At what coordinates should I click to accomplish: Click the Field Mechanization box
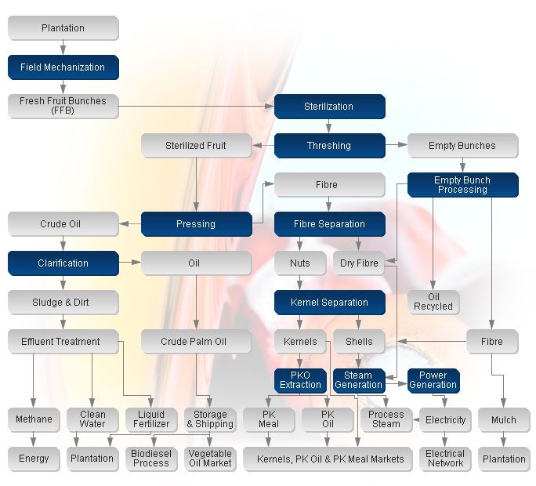pos(63,67)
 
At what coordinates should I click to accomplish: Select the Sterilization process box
pos(329,107)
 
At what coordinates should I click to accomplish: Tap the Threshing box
pos(329,146)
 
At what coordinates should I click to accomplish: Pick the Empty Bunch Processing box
pos(462,185)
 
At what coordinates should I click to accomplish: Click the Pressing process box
pos(196,224)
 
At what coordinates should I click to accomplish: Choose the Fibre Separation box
pos(329,224)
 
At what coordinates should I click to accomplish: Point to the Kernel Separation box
pos(329,303)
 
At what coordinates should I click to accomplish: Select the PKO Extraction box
pos(301,380)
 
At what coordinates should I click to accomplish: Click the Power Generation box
pos(433,380)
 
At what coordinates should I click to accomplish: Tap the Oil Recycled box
pos(433,302)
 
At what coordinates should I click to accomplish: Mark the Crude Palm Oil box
pos(196,342)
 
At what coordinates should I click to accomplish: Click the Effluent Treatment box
pos(63,342)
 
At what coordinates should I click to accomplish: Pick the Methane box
pos(33,419)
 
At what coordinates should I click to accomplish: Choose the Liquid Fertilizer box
pos(151,419)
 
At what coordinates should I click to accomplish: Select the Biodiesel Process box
pos(151,459)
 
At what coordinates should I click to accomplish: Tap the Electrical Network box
pos(445,459)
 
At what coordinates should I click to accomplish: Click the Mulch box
pos(504,419)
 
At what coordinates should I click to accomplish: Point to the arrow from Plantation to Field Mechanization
pos(63,47)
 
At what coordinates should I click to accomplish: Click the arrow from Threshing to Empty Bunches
pos(397,146)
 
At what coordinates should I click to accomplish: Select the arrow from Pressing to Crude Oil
pos(130,224)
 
